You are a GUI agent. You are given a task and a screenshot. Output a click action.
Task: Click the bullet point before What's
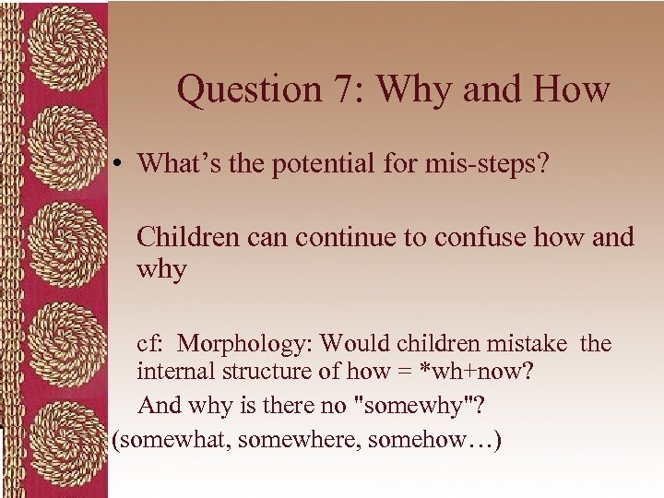tap(122, 164)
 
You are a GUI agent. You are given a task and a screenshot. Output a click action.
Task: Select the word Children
tap(185, 237)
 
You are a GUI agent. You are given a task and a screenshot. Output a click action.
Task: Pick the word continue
tap(340, 237)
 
